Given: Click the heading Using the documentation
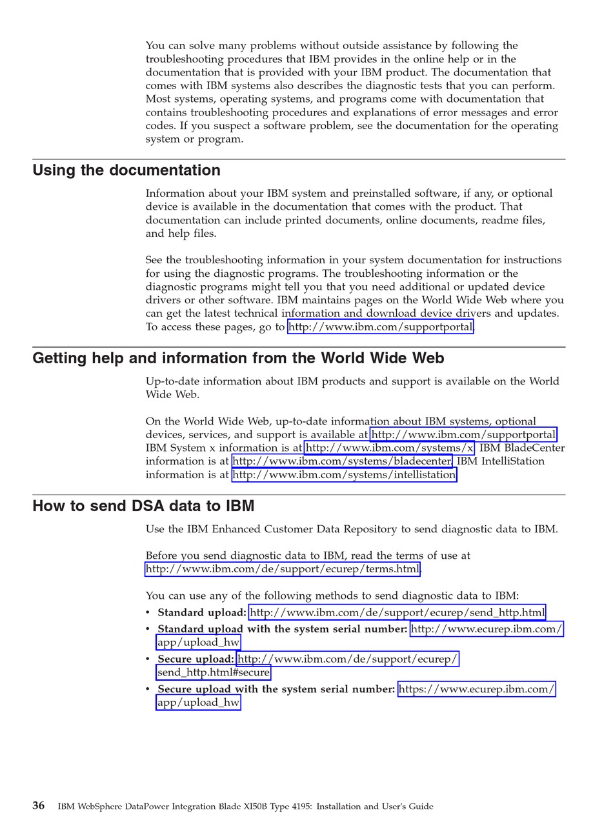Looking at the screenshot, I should point(126,170).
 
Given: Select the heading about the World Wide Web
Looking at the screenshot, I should point(238,358).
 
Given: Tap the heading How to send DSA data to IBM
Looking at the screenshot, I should point(143,506).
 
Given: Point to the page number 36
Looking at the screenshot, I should point(39,806).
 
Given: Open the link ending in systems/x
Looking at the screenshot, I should point(389,448).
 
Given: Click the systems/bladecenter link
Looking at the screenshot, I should point(342,461).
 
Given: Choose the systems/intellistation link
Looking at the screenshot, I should point(344,475).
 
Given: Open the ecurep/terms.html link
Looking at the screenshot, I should point(283,569).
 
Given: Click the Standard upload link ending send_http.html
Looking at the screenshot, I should point(397,612).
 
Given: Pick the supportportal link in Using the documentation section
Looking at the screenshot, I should point(381,327).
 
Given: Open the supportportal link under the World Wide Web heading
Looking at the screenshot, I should point(463,435).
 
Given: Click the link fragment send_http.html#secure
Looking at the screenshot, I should point(214,673).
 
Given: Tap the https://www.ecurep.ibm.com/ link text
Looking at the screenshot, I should point(476,689).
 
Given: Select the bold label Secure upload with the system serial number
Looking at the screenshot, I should point(276,689).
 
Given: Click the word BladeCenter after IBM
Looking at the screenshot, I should point(534,448).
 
